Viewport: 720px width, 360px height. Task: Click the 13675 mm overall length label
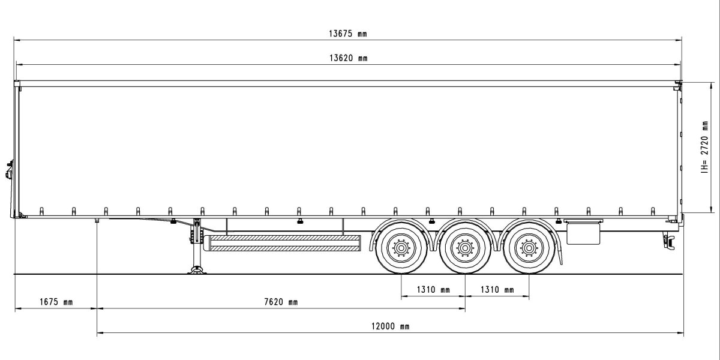click(x=347, y=34)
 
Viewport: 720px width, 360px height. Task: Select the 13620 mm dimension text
click(x=347, y=58)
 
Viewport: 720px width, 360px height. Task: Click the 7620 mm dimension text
click(x=280, y=302)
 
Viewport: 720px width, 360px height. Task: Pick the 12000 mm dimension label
click(x=390, y=326)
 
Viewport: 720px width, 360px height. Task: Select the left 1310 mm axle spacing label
click(x=433, y=290)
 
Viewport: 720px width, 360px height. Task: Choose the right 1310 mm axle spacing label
click(x=497, y=290)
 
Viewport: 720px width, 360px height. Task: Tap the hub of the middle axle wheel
click(x=464, y=247)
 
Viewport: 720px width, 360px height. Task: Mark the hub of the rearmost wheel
click(x=529, y=247)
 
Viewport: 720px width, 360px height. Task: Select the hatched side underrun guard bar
click(x=283, y=243)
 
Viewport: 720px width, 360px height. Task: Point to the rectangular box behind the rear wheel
click(x=583, y=234)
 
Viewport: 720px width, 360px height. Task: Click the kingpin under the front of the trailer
click(x=97, y=221)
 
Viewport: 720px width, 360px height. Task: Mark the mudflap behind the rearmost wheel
click(x=560, y=252)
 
